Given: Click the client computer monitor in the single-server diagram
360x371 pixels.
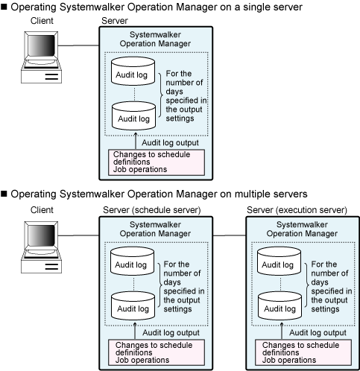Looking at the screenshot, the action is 41,46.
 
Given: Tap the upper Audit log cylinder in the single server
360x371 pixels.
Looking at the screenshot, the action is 133,71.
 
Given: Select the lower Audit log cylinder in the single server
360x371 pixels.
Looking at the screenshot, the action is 133,115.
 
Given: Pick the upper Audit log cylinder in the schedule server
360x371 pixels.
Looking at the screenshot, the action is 132,261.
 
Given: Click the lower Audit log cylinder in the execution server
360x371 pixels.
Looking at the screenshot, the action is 280,305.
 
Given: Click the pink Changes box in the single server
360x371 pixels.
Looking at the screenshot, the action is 157,162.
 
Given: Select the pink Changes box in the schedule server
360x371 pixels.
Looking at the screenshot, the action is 157,352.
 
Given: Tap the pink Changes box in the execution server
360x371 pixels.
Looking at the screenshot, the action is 303,352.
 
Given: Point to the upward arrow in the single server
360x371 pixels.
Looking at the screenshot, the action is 136,141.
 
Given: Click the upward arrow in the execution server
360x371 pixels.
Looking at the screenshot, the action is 282,331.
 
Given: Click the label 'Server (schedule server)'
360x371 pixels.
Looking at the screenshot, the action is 152,210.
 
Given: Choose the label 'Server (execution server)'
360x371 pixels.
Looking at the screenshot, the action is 297,210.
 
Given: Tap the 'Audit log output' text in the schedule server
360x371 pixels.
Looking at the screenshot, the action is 171,333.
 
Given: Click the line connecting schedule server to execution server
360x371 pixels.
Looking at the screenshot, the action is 230,235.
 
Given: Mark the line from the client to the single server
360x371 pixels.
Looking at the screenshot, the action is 78,45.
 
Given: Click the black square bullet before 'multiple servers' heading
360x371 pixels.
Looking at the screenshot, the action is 4,194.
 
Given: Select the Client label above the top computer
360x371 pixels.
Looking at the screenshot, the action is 42,21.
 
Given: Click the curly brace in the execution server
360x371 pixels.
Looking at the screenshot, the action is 307,285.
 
